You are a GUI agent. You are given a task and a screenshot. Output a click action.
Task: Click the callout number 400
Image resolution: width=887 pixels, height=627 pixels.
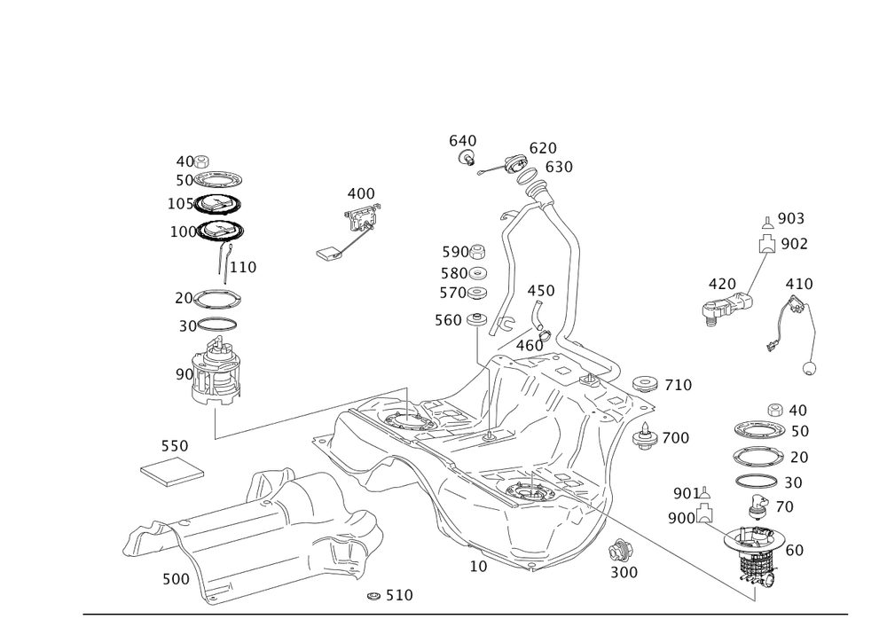click(361, 193)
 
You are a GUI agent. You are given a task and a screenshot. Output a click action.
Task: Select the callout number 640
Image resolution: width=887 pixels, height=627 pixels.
click(462, 141)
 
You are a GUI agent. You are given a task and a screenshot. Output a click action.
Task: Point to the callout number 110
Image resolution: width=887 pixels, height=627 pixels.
click(244, 266)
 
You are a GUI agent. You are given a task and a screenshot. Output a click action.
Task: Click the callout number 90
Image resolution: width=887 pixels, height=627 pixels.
click(184, 375)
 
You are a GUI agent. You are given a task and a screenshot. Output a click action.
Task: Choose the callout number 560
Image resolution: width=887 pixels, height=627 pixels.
click(448, 319)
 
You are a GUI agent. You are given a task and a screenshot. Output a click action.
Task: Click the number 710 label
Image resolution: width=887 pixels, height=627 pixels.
click(679, 385)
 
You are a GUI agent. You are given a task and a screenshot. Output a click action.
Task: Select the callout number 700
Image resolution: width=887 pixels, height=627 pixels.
click(676, 437)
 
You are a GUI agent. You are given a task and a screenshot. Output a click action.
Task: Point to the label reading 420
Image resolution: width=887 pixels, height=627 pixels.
click(721, 284)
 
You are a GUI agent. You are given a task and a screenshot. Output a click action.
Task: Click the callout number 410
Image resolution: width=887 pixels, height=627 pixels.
click(799, 284)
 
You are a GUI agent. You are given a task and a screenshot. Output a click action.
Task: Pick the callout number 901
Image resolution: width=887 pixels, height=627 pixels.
click(683, 493)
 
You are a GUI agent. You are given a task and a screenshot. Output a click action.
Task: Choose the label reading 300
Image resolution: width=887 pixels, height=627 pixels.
click(624, 573)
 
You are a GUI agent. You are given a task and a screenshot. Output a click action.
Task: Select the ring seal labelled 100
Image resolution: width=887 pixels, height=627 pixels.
click(219, 231)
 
